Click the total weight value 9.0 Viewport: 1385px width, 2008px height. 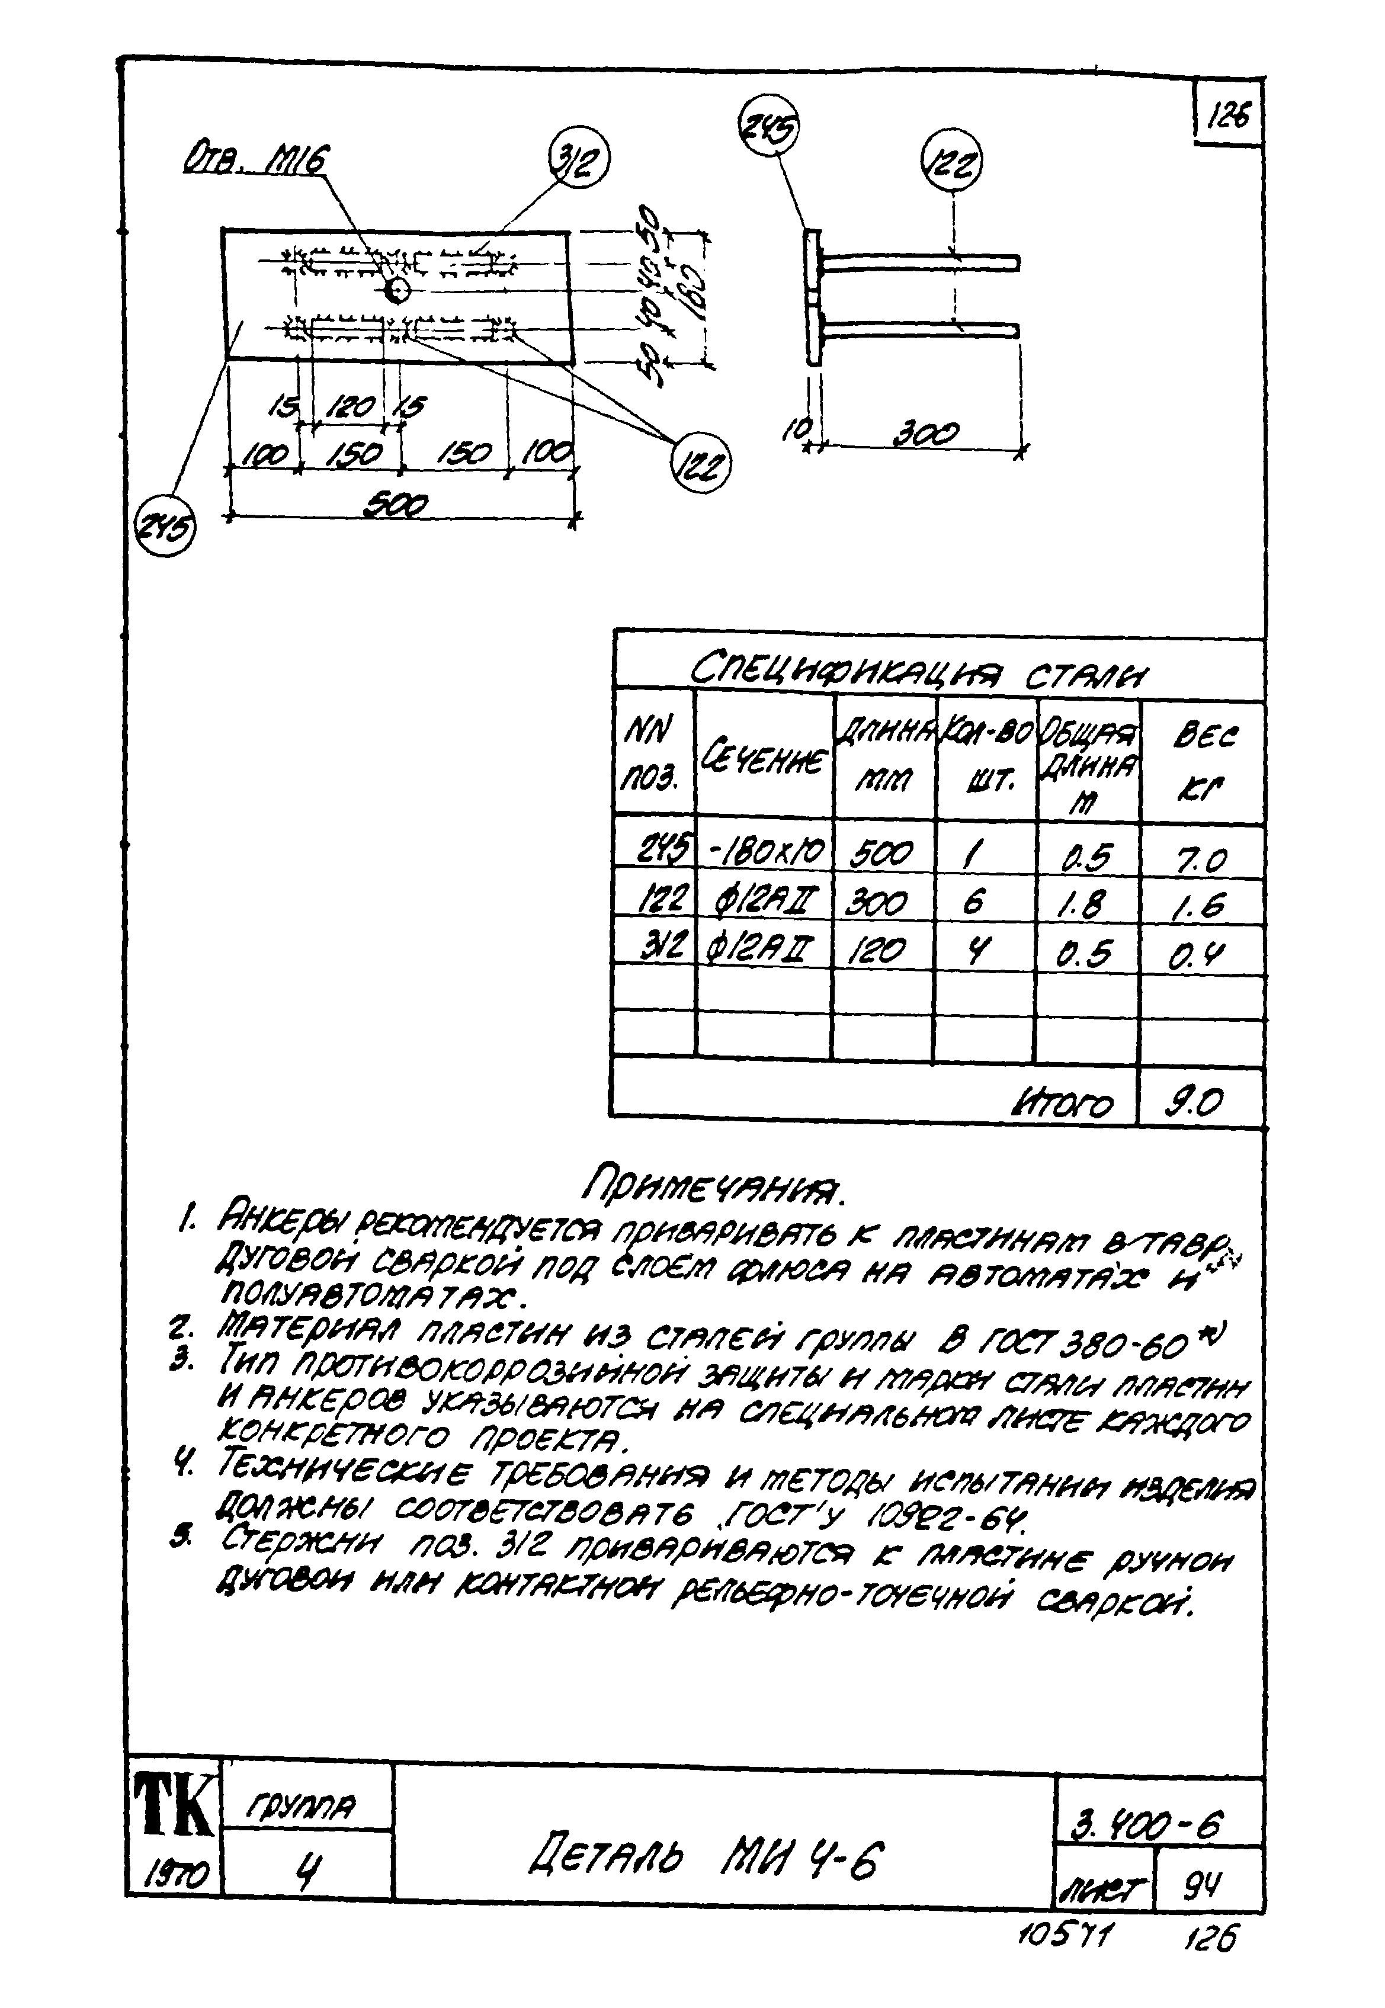pos(1197,1103)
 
